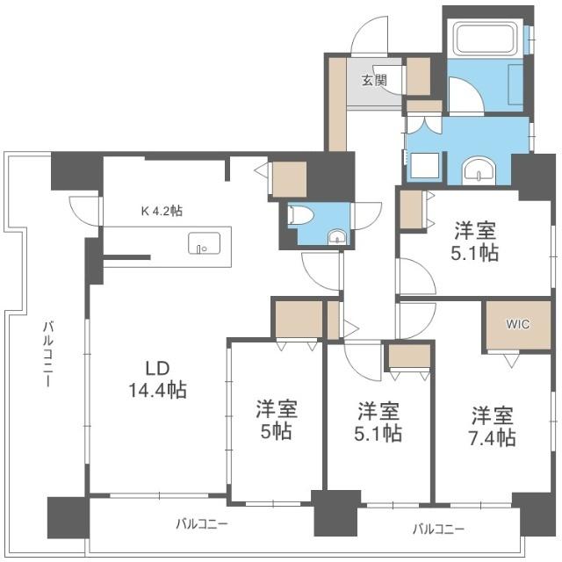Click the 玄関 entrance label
[x=374, y=80]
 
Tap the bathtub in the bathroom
[x=486, y=38]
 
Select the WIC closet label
[x=517, y=324]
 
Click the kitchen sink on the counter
[x=205, y=243]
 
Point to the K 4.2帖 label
[x=162, y=211]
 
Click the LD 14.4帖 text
[x=158, y=379]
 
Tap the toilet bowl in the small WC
[x=300, y=215]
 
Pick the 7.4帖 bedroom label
[x=493, y=427]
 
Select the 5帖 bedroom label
[x=277, y=420]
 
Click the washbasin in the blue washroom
[x=479, y=170]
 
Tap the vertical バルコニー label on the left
[x=48, y=355]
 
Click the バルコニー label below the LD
[x=202, y=524]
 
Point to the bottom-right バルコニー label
[x=439, y=529]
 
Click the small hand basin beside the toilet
[x=337, y=237]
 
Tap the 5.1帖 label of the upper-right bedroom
[x=475, y=241]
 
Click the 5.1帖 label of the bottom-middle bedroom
[x=378, y=421]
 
